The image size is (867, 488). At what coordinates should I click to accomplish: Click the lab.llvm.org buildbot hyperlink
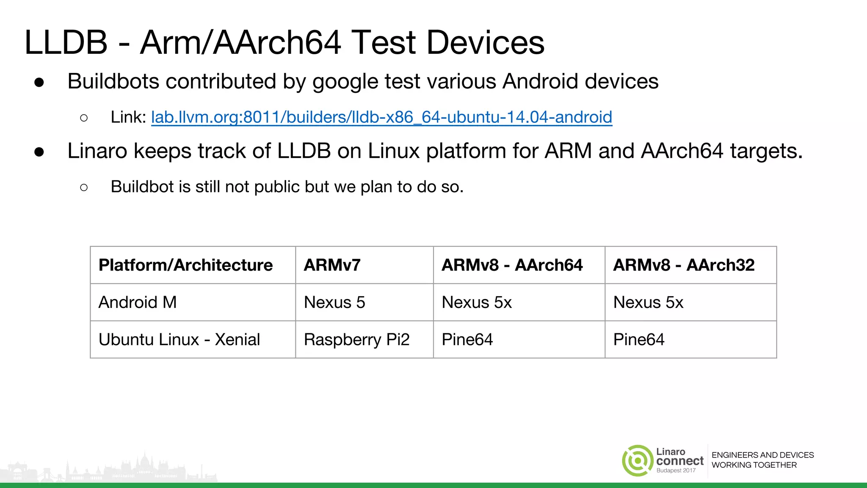point(381,117)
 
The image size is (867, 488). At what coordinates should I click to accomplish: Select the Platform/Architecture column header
point(185,265)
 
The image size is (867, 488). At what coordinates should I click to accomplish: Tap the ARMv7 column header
point(332,265)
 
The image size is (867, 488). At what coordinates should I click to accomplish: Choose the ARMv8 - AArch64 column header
point(512,265)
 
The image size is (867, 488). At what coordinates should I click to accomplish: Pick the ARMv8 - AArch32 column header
point(684,265)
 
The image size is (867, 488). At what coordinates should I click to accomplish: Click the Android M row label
point(138,302)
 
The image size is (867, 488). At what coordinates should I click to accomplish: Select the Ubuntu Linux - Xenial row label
point(179,340)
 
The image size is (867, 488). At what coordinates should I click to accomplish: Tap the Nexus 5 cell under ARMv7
point(334,302)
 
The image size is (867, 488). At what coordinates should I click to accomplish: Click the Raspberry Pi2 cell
point(356,340)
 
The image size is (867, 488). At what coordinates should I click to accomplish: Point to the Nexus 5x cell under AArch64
point(477,302)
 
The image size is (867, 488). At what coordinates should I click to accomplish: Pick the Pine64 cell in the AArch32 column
point(639,340)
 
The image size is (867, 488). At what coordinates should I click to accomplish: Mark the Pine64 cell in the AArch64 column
point(467,340)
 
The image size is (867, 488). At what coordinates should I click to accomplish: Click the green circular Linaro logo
point(638,460)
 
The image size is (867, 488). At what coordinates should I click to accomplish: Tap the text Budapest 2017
point(676,471)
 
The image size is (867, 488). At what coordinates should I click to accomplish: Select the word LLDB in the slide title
point(66,42)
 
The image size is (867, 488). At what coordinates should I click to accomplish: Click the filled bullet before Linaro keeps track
point(39,152)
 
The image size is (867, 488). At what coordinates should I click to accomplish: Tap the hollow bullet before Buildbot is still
point(84,187)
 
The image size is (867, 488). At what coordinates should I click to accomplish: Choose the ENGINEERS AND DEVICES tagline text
point(762,455)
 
